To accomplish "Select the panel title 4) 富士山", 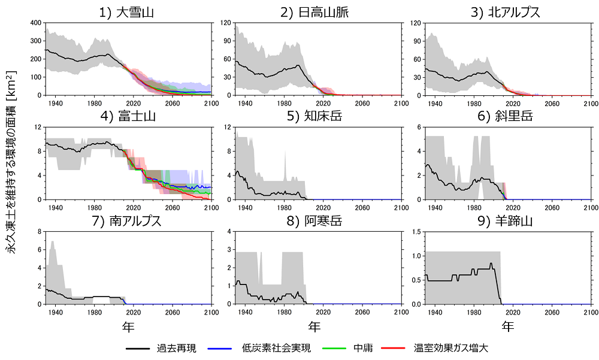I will pyautogui.click(x=129, y=116).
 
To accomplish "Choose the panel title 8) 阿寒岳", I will pyautogui.click(x=318, y=220).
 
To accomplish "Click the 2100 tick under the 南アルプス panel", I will pyautogui.click(x=211, y=311).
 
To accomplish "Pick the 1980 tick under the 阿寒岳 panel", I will pyautogui.click(x=283, y=311).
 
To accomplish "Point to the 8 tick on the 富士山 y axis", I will pyautogui.click(x=40, y=151).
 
